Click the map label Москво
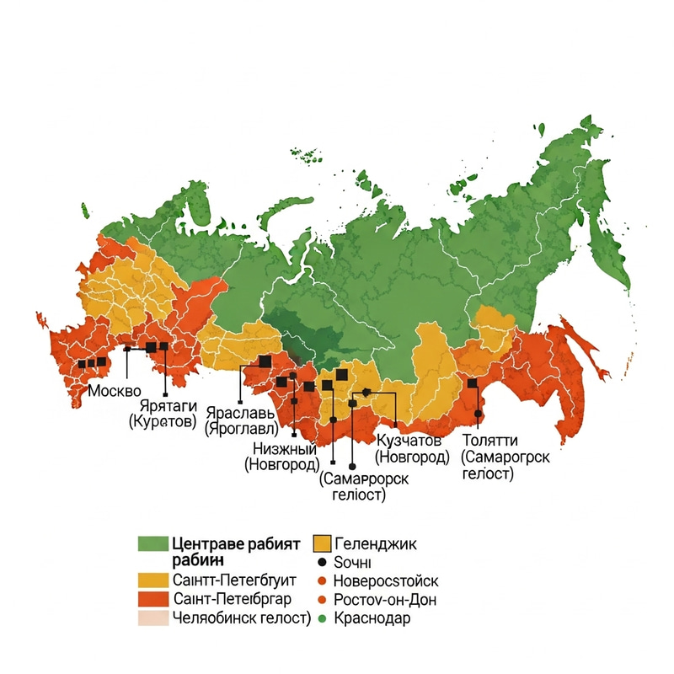(x=115, y=392)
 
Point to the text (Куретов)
(x=163, y=420)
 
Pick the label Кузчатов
(x=409, y=441)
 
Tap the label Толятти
(x=490, y=441)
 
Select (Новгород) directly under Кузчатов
(x=411, y=457)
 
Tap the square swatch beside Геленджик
(x=321, y=543)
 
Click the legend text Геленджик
(x=375, y=543)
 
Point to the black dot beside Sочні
(x=321, y=562)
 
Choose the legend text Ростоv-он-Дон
(x=385, y=600)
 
